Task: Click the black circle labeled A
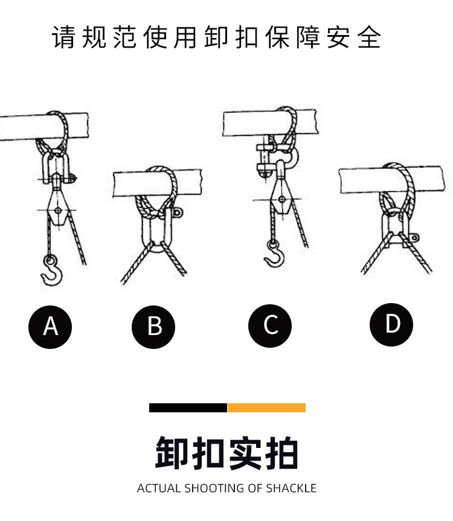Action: (x=50, y=327)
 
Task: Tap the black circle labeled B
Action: (x=153, y=327)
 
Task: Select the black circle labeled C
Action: (x=270, y=325)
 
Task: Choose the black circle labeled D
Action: (x=391, y=325)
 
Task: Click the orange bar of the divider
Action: (x=266, y=408)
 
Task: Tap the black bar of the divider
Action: (x=188, y=408)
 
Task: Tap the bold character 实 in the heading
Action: (x=245, y=453)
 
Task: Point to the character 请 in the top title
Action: (x=63, y=37)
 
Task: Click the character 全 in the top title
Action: (x=369, y=37)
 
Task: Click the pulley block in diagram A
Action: (x=58, y=206)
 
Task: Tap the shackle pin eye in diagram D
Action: (x=414, y=238)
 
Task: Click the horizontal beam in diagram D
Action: (x=391, y=180)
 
